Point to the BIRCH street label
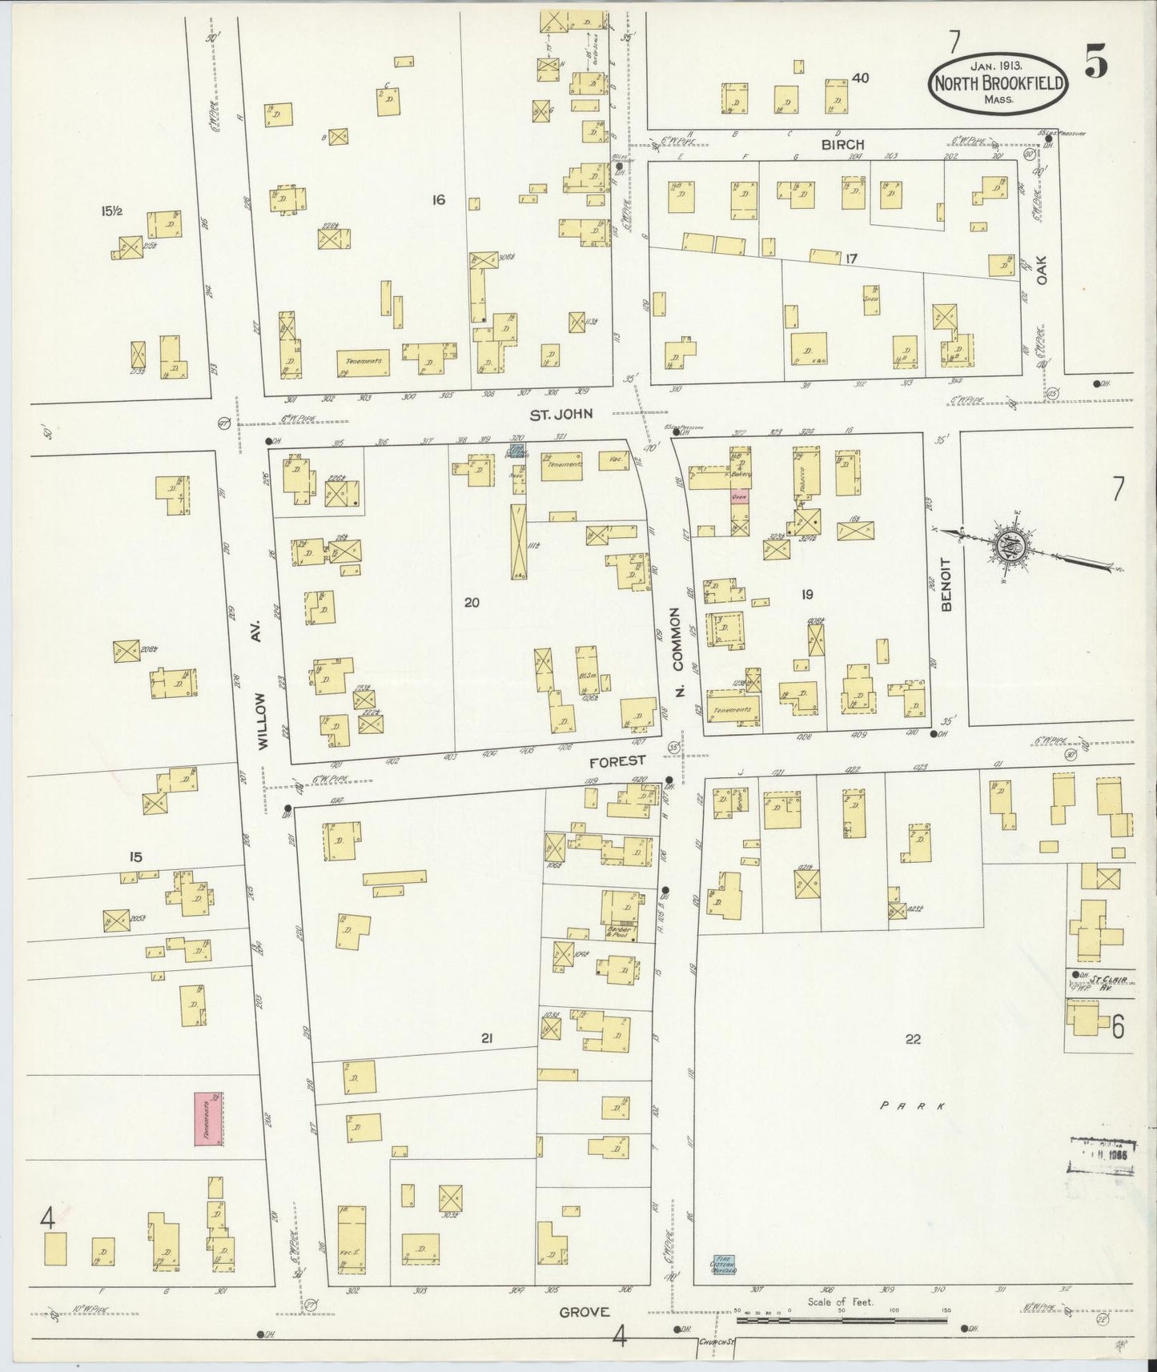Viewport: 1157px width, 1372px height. tap(842, 144)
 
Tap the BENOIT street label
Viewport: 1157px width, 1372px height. tap(946, 584)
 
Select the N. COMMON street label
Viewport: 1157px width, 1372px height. tap(676, 652)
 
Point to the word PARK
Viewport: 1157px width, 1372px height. tap(913, 1105)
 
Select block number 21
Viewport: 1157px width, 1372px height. tap(486, 1038)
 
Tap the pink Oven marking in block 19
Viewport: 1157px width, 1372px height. tap(738, 495)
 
